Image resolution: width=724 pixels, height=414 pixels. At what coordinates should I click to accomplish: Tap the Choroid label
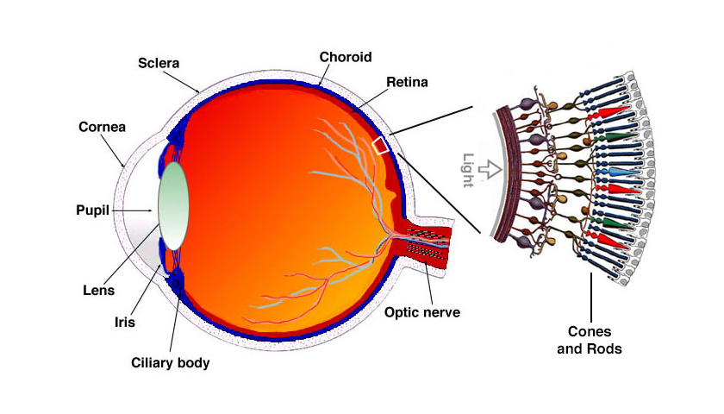point(345,58)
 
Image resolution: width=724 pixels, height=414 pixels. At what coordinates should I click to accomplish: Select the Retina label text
point(408,83)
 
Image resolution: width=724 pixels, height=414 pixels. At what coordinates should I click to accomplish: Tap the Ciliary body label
point(171,363)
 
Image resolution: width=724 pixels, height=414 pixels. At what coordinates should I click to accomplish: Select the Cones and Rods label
point(595,340)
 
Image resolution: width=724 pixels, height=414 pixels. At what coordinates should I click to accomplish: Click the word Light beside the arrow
point(468,168)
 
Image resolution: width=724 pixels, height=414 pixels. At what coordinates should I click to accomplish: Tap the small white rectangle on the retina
point(380,145)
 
